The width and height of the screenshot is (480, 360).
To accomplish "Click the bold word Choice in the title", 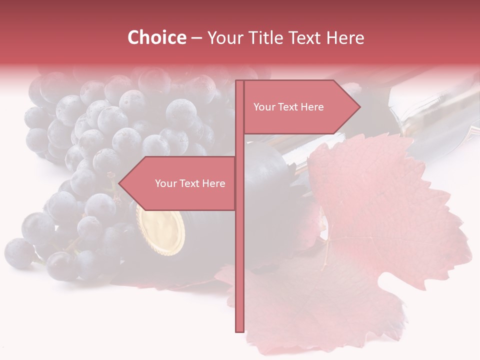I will point(156,37).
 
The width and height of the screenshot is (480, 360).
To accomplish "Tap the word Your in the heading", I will point(224,38).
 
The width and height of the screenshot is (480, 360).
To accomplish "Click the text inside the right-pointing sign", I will point(288,107).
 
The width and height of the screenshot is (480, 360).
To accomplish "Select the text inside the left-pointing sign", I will point(190,183).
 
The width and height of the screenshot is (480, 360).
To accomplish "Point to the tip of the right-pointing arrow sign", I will point(359,106).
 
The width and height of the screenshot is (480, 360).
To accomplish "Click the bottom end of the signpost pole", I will point(239,330).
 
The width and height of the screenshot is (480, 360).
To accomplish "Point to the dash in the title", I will point(196,38).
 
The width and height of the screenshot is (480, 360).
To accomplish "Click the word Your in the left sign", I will point(165,183).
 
